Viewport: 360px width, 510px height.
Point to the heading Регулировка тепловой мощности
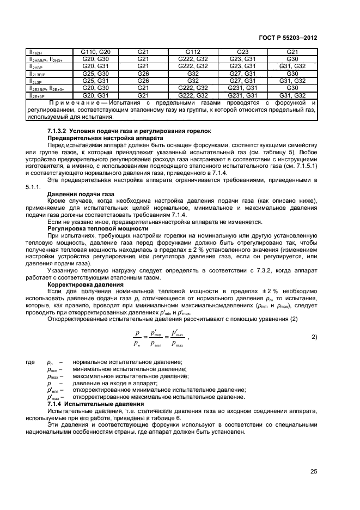[93, 228]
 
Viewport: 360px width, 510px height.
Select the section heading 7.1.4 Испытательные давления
[96, 404]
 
